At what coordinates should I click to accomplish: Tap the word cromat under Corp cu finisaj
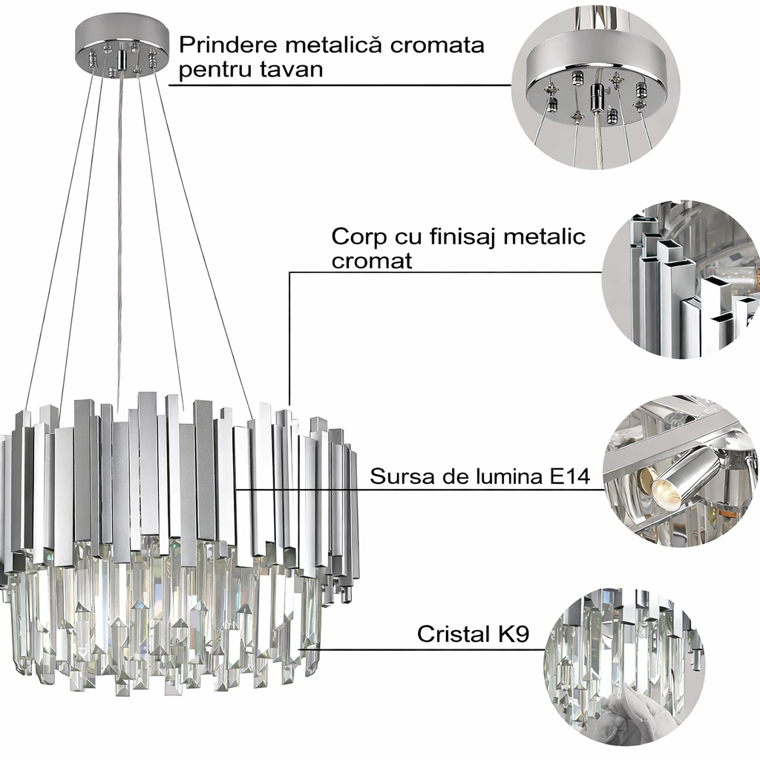[x=372, y=261]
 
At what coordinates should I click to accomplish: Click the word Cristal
[x=452, y=635]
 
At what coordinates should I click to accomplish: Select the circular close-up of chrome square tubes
[x=679, y=278]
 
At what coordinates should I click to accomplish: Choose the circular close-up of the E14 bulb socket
[x=679, y=471]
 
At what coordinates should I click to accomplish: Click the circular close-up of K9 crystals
[x=623, y=664]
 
